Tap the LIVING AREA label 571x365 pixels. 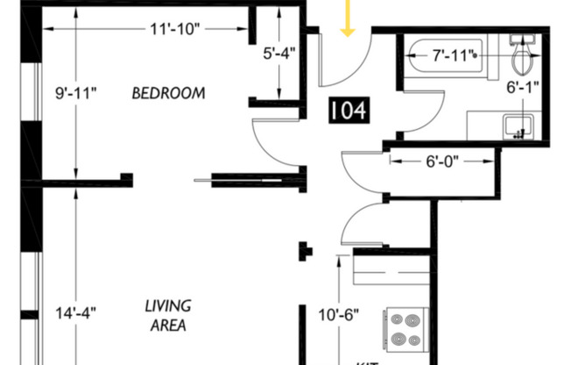point(168,315)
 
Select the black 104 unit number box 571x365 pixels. point(348,111)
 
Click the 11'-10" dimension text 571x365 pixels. point(174,28)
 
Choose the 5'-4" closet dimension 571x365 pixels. point(280,53)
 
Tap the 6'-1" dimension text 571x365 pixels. point(524,88)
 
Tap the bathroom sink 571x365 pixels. point(518,125)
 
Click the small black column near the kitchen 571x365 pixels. point(305,251)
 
